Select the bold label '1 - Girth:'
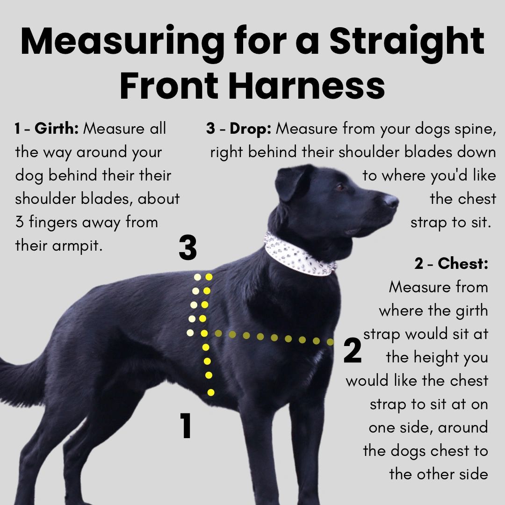tap(47, 129)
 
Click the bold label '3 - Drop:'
tap(238, 129)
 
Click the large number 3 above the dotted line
tap(188, 248)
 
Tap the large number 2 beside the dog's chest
tap(353, 351)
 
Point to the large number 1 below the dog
tap(186, 426)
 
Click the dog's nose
tap(391, 201)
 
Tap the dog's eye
tap(340, 187)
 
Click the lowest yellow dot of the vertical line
tap(211, 392)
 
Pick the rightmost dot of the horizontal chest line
tap(330, 342)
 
